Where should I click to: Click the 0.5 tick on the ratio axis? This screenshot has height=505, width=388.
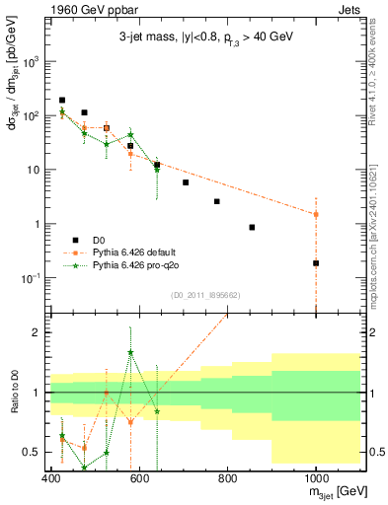pos(34,452)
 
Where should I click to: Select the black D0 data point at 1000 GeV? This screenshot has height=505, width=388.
pos(316,263)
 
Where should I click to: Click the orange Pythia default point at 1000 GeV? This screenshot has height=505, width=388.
pos(316,214)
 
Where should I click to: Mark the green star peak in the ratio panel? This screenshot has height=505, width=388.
pos(130,352)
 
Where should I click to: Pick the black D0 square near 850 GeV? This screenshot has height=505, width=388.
pos(253,227)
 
